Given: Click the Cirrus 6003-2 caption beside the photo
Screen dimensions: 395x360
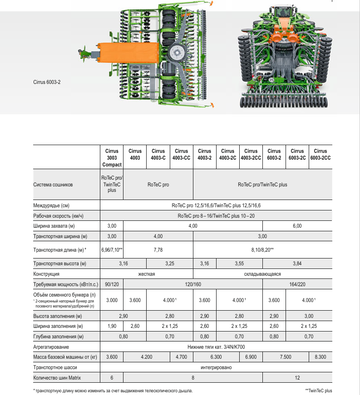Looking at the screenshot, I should (46, 82).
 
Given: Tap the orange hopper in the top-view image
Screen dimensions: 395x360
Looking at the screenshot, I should (130, 53).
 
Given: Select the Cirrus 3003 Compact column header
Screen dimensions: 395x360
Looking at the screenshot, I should (112, 158).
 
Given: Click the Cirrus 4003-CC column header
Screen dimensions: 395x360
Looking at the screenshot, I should (181, 154).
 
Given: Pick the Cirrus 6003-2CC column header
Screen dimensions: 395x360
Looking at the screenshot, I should (321, 154).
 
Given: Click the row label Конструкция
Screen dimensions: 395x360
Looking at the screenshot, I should (47, 274).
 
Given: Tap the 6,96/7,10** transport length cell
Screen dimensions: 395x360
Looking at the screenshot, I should (112, 249).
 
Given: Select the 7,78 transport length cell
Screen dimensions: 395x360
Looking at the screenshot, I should (158, 249).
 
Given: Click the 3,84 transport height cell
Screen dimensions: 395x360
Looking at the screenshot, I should (297, 263).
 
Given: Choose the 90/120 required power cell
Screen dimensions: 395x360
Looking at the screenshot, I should (112, 284).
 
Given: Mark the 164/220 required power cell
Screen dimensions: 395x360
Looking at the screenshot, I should (297, 284).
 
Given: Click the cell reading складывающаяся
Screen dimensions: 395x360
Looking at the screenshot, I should (262, 274).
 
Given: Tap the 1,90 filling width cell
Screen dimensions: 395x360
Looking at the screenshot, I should (112, 326).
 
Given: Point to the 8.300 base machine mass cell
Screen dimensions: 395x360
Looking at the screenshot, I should (321, 357).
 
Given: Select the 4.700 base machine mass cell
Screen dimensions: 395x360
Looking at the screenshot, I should (181, 357).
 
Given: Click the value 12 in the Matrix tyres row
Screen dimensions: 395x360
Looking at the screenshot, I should (297, 377).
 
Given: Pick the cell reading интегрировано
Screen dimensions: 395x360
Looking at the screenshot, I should (216, 367).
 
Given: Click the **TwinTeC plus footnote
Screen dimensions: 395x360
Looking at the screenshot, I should (319, 390).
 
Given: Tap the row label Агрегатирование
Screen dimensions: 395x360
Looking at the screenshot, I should (51, 347).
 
